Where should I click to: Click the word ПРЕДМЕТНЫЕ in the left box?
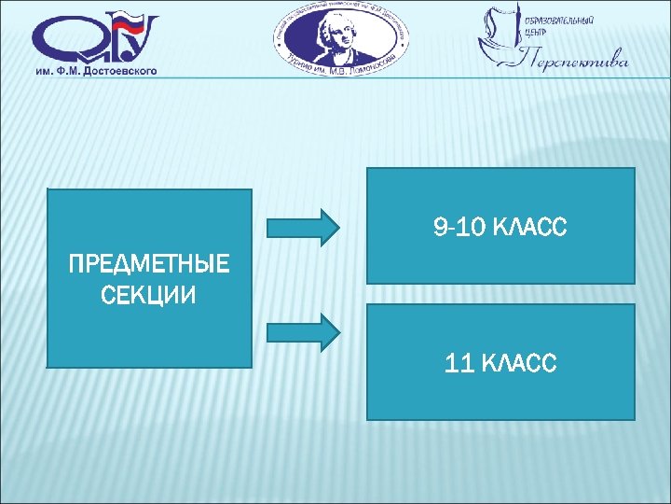coord(149,265)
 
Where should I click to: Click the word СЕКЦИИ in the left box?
coord(149,296)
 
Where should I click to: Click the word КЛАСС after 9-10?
coord(528,227)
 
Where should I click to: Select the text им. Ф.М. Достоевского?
coord(95,70)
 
